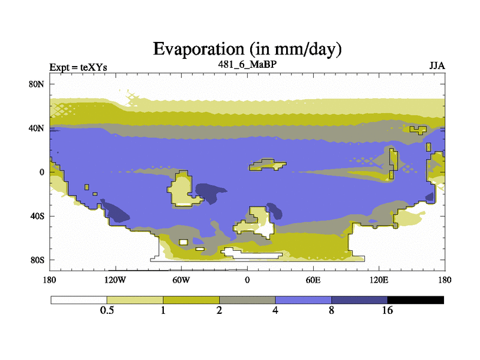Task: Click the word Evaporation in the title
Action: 199,49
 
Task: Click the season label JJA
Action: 437,66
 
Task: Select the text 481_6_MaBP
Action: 247,65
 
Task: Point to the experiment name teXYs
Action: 94,67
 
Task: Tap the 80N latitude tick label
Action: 37,84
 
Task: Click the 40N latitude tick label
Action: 37,128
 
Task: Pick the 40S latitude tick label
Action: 37,216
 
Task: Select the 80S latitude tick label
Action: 37,260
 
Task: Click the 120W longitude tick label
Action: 115,280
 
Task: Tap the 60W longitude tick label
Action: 181,280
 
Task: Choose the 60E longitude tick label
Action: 313,280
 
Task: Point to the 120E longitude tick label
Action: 379,280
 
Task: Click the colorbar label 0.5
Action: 107,310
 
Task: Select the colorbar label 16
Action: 387,310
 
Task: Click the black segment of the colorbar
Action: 415,300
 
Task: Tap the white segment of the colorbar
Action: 79,300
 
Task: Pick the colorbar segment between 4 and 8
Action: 304,300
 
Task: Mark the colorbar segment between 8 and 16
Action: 359,300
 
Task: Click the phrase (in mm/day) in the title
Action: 296,49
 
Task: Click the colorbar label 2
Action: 219,310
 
